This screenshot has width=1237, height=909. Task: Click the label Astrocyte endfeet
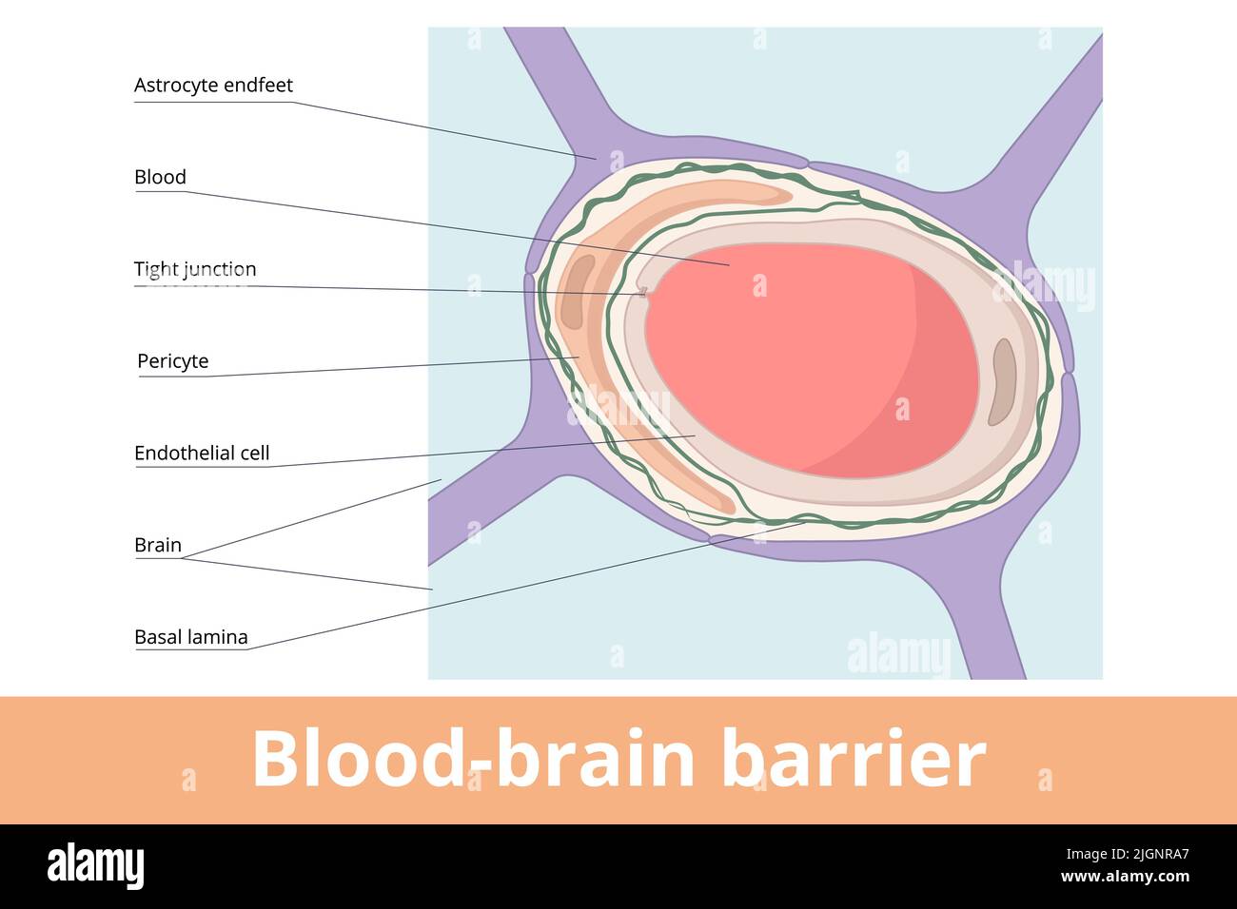[x=213, y=86]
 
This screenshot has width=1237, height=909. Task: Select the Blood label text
[x=160, y=178]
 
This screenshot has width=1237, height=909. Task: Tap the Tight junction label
[x=195, y=270]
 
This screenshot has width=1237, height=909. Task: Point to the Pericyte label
[x=172, y=361]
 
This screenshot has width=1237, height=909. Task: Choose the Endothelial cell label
[x=202, y=454]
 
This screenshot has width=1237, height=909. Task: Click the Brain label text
[x=157, y=546]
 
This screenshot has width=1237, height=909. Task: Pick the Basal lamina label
[x=190, y=638]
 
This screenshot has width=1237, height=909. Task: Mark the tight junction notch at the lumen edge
[x=644, y=293]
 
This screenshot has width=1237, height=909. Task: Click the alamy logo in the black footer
[x=95, y=866]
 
